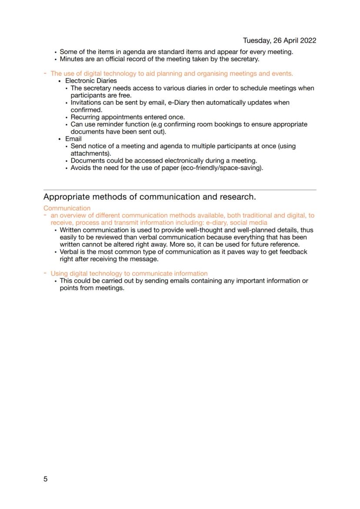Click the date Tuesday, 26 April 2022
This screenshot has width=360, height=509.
279,40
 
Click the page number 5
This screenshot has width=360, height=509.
46,479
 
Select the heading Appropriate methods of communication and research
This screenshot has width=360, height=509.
150,196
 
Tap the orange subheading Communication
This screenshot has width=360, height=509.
67,208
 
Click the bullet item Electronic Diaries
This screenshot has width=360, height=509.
91,81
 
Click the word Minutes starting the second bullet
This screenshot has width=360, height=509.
71,59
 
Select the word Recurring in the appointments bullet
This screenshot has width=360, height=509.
85,117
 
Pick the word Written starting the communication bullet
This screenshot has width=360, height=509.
71,230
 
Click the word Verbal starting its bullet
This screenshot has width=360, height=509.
70,252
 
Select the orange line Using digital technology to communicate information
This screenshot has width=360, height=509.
129,273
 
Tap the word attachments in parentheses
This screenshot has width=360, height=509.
90,153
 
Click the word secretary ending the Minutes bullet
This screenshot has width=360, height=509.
244,59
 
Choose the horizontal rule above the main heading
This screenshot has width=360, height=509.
180,190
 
